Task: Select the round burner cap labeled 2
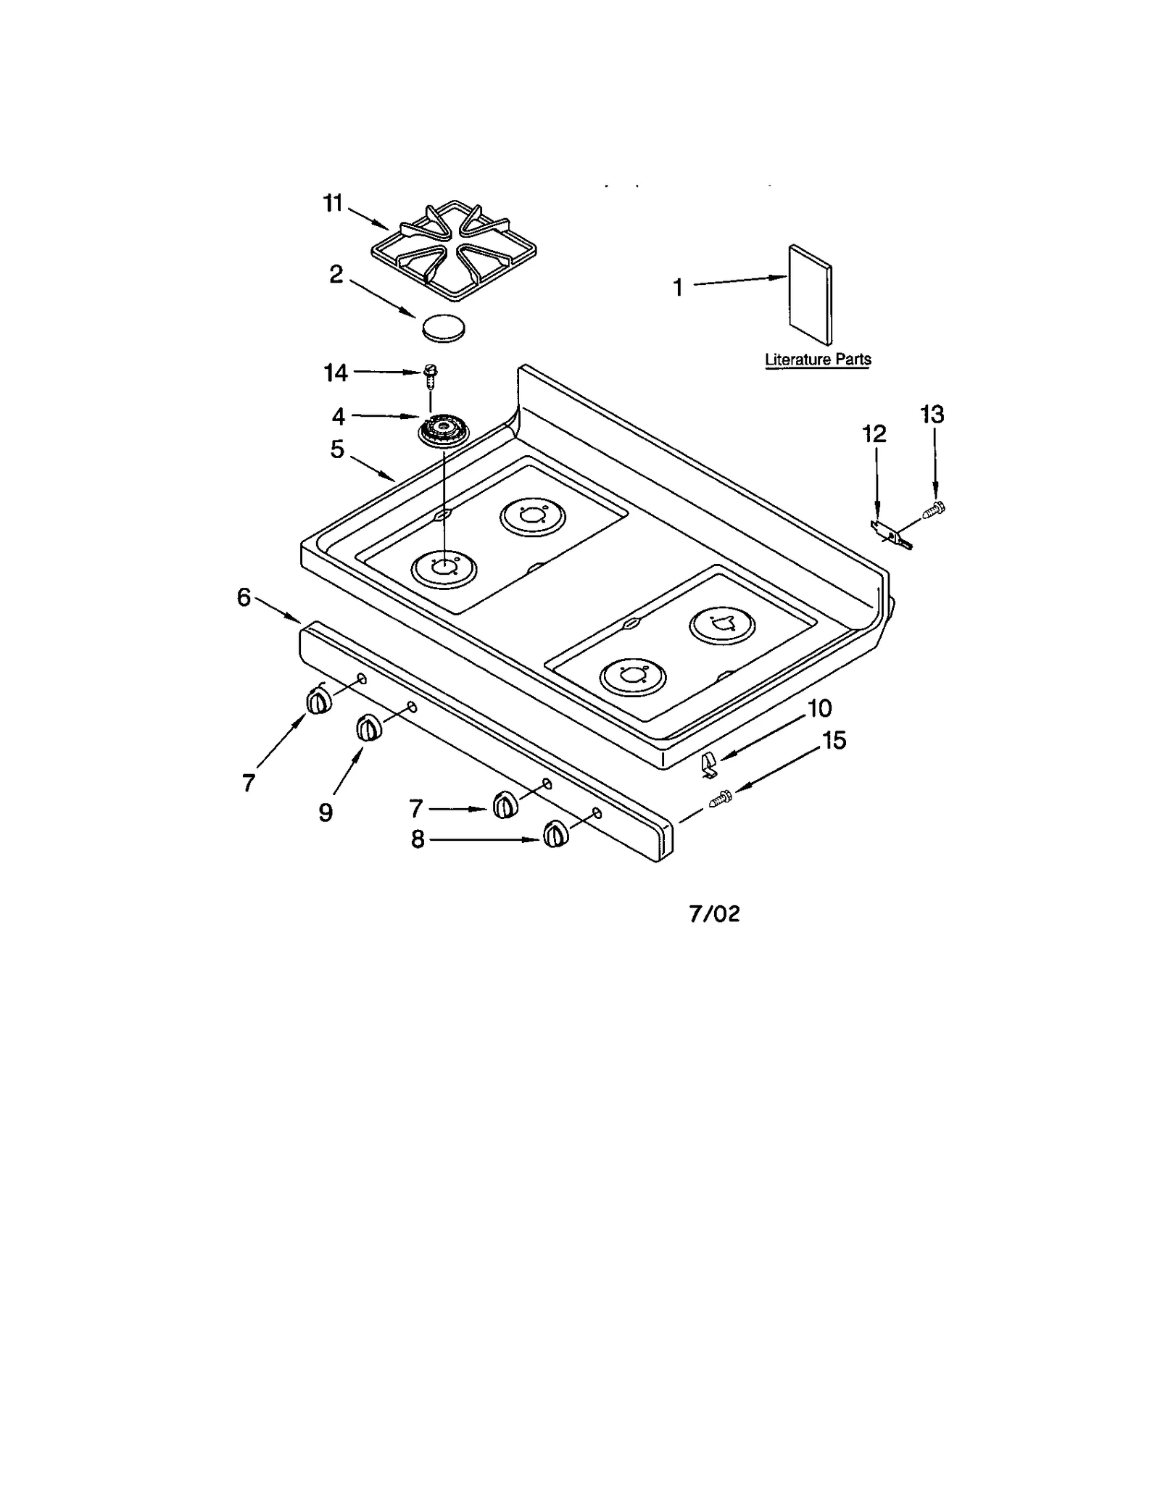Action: (x=444, y=328)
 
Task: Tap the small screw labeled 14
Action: (x=430, y=373)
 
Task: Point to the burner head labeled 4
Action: (x=443, y=430)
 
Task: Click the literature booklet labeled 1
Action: (x=810, y=294)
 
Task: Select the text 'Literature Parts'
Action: (x=818, y=360)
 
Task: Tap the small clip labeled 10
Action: (x=709, y=764)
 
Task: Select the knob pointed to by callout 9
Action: (x=368, y=728)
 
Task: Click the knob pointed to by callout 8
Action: (x=555, y=834)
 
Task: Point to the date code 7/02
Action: (x=714, y=914)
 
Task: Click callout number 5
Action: (x=337, y=449)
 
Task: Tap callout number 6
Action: (x=244, y=598)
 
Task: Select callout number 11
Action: (x=333, y=204)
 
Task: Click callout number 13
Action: (x=932, y=415)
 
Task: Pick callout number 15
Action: (x=834, y=741)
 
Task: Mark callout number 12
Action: (x=874, y=434)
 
